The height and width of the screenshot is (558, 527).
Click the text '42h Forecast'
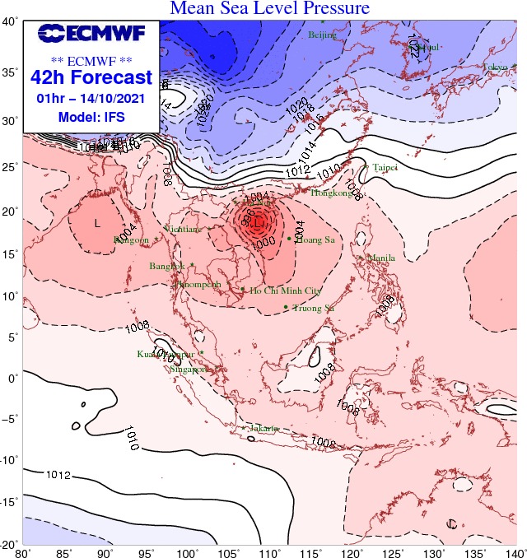point(91,78)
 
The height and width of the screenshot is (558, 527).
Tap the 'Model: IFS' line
point(91,117)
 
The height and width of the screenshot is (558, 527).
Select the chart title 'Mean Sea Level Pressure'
point(269,8)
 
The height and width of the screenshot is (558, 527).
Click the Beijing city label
point(323,35)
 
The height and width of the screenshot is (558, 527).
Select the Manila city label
point(381,258)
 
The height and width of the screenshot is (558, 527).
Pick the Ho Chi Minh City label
point(285,291)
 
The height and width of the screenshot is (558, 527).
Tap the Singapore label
point(189,370)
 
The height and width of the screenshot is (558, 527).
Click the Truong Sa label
point(314,308)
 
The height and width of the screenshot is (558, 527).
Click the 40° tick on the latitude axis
point(10,22)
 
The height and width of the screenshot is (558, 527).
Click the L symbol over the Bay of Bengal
point(97,224)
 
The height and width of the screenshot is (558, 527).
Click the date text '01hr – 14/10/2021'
point(91,99)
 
